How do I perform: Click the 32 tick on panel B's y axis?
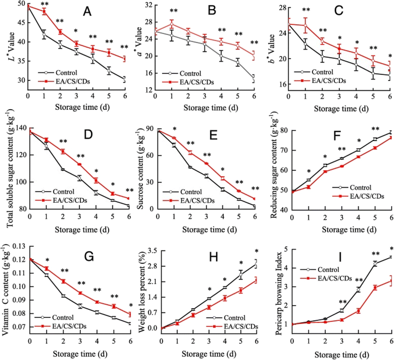coord(148,5)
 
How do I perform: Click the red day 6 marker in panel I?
coord(391,281)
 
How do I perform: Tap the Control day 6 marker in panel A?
coord(125,79)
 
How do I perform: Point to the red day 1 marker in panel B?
coord(172,24)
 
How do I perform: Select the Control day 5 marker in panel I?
coord(374,263)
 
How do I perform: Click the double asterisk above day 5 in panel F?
coord(375,129)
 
